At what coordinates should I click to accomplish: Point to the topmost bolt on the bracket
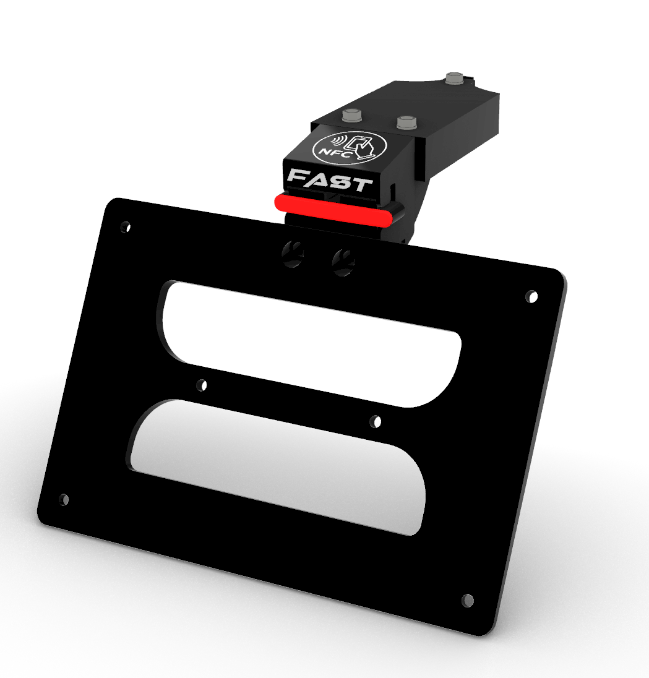pos(454,79)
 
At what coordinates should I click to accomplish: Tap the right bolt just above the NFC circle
pos(406,122)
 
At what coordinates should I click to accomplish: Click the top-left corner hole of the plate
pos(126,227)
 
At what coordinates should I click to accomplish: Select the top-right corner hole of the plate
pos(531,297)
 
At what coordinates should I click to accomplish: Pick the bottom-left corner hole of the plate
pos(64,499)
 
